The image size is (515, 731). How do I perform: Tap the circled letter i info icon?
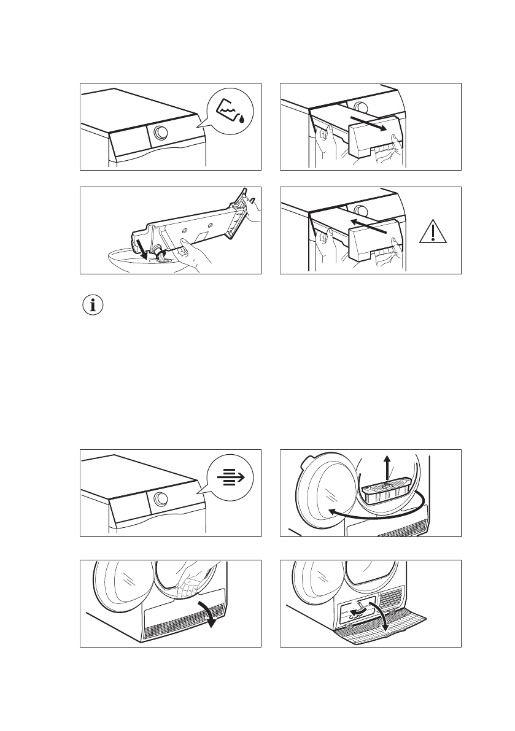tap(93, 306)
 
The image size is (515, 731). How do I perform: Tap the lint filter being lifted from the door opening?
tap(384, 492)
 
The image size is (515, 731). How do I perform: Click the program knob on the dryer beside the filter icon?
tap(160, 498)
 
